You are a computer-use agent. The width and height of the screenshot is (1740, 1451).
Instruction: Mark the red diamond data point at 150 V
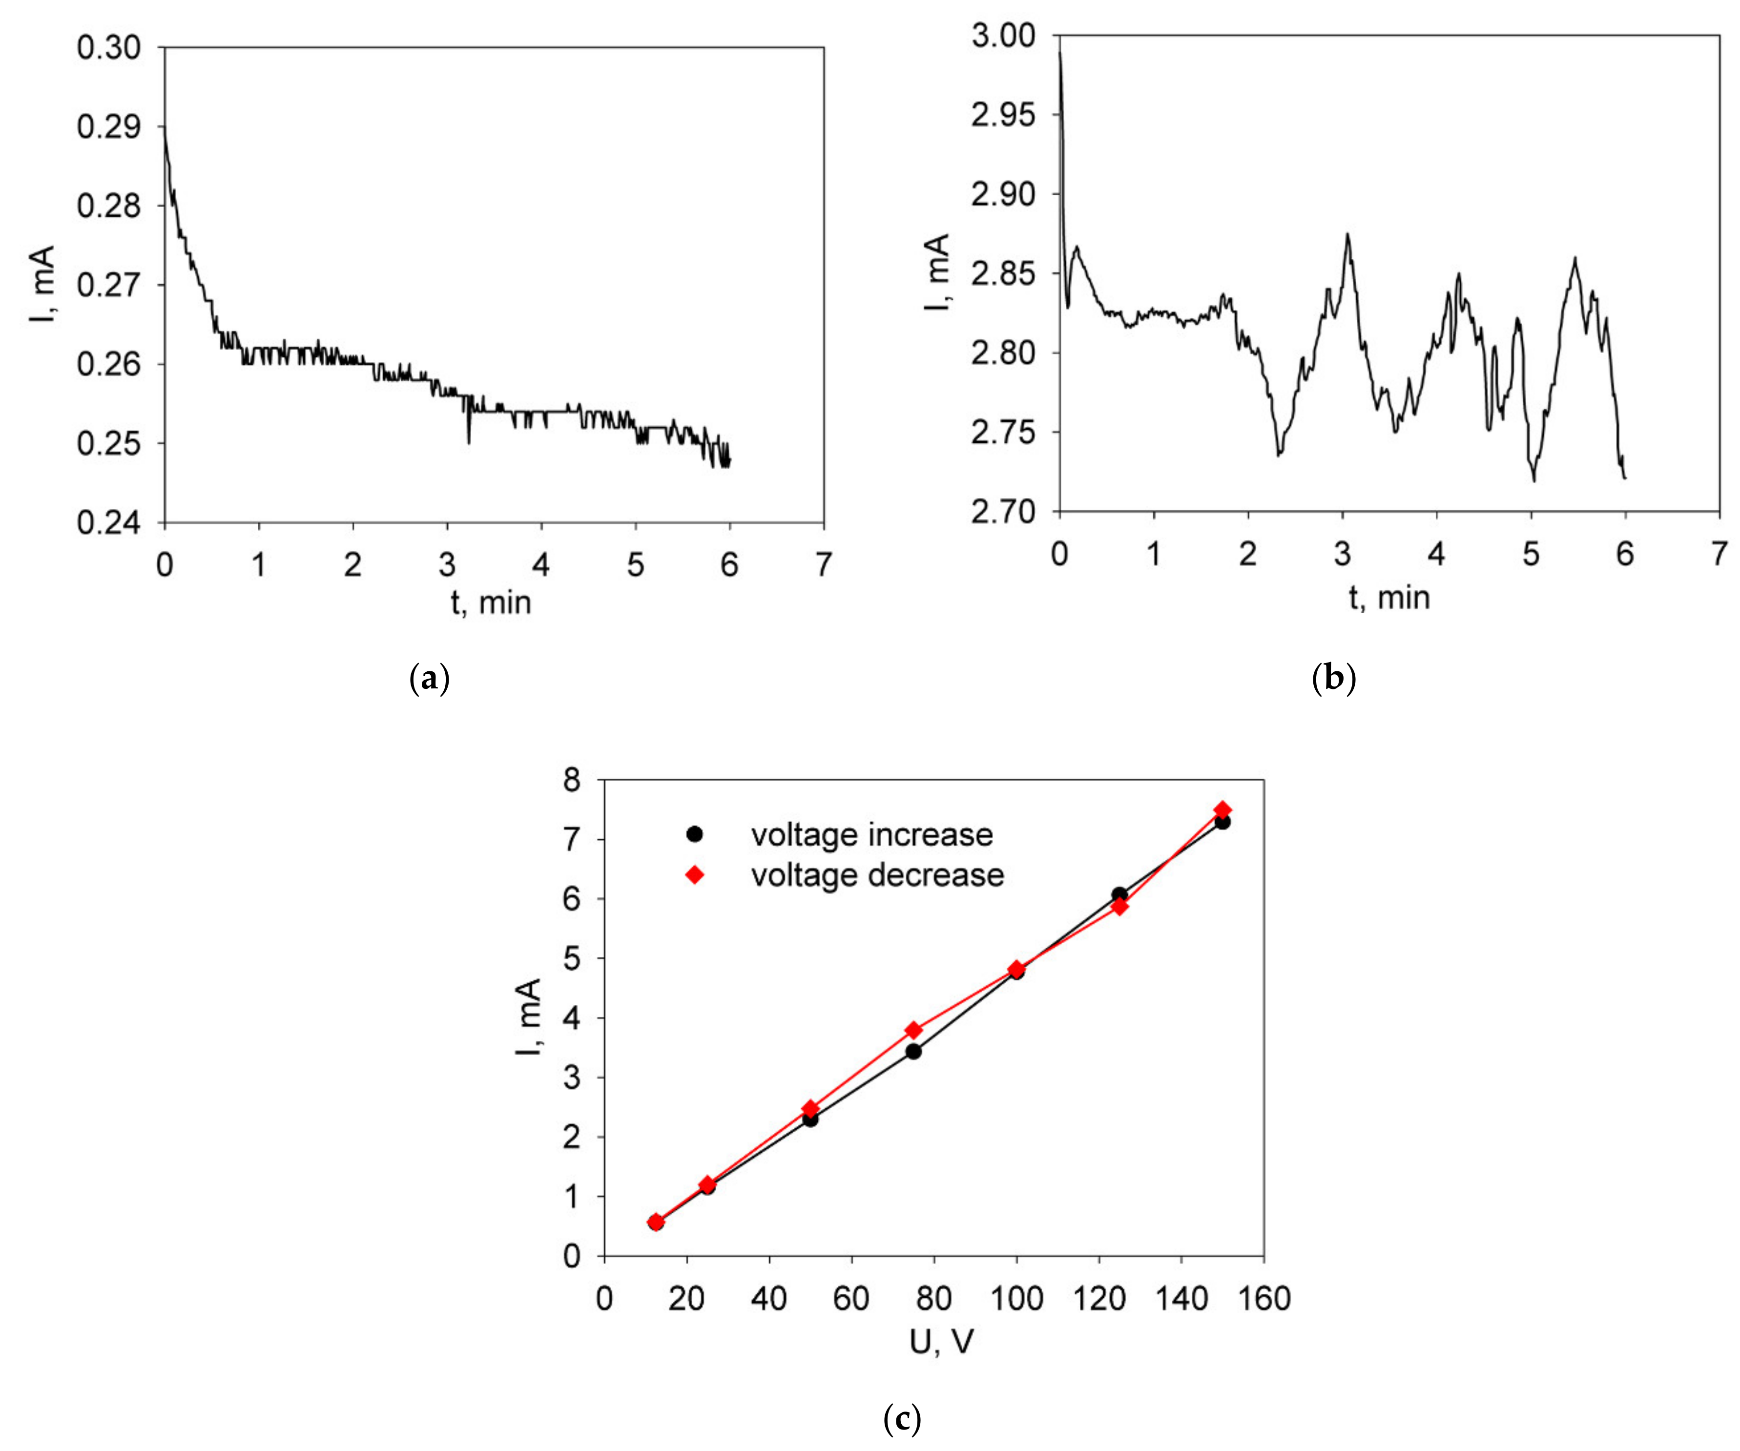(1222, 809)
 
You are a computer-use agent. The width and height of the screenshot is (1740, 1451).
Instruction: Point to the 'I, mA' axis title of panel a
(43, 284)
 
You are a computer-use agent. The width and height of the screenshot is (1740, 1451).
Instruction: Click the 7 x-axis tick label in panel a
(823, 565)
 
